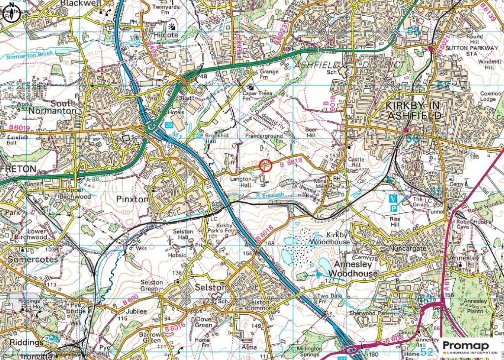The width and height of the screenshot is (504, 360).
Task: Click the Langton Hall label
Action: [241, 183]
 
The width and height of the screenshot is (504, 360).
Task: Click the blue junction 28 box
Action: [170, 126]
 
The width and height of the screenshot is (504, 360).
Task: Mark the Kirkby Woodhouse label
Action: [330, 238]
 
